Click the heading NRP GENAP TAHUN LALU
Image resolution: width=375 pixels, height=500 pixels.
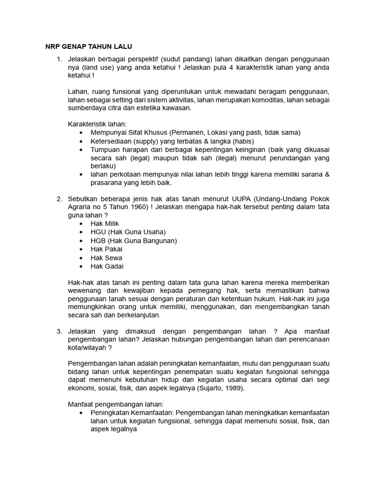pyautogui.click(x=85, y=46)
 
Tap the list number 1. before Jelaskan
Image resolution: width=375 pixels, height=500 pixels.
pyautogui.click(x=59, y=60)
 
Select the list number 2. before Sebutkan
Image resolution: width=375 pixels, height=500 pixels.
pyautogui.click(x=59, y=199)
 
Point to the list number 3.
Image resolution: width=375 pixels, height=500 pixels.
pyautogui.click(x=59, y=332)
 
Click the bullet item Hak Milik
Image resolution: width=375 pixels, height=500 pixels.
pyautogui.click(x=104, y=224)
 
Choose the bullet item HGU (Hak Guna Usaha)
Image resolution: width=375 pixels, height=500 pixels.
pyautogui.click(x=128, y=232)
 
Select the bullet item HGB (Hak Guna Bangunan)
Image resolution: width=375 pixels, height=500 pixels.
pyautogui.click(x=133, y=241)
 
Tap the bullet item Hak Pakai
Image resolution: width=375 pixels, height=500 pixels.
pyautogui.click(x=106, y=249)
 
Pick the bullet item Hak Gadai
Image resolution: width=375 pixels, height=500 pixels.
pyautogui.click(x=107, y=266)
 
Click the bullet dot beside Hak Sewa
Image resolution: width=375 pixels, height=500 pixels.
pyautogui.click(x=81, y=258)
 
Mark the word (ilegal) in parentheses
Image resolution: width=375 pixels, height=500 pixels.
pyautogui.click(x=217, y=158)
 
